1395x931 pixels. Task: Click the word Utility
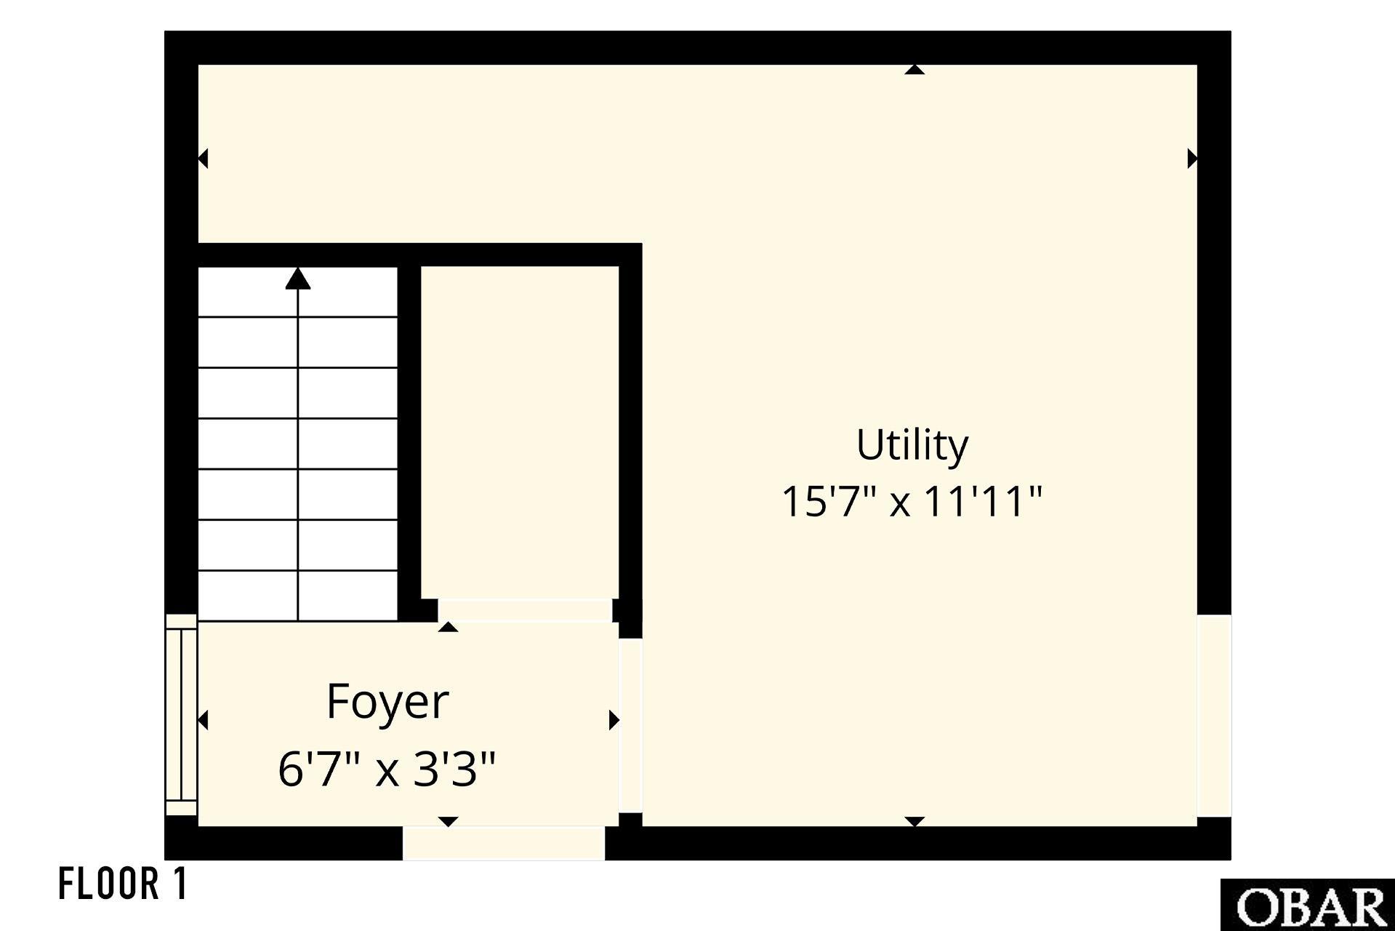pos(912,445)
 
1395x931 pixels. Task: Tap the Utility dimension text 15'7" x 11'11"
pos(912,502)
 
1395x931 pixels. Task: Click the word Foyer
pos(387,702)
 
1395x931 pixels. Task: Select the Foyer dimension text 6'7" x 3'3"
pos(387,769)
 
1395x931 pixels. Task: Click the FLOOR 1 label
pos(124,884)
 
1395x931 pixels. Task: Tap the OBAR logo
pos(1308,905)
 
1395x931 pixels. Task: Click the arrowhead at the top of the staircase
pos(298,279)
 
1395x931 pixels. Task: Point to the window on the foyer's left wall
pos(181,715)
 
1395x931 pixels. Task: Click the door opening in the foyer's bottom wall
pos(504,844)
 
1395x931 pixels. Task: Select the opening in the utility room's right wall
pos(1214,716)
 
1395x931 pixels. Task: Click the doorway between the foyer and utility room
pos(631,725)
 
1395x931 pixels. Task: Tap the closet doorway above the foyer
pos(524,610)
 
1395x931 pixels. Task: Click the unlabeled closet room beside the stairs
pos(520,433)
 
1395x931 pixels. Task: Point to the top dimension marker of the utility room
pos(914,70)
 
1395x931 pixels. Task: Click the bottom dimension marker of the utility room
pos(914,822)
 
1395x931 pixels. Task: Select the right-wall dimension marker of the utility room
pos(1192,158)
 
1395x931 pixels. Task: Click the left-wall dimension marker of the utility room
pos(204,158)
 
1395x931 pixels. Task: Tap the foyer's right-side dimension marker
pos(614,720)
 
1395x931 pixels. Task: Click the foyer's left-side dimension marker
pos(204,720)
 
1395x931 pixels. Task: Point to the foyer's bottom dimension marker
pos(449,822)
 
